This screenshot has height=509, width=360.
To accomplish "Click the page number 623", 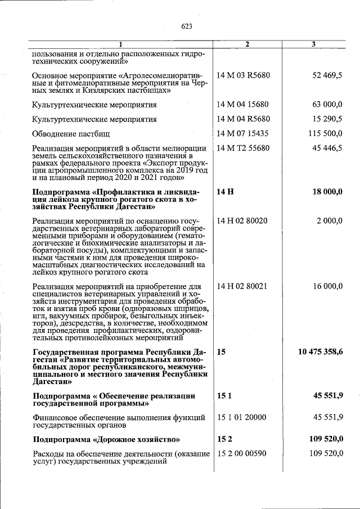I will [187, 26].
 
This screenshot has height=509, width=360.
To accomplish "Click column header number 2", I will [247, 44].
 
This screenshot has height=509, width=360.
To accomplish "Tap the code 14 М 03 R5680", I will [243, 75].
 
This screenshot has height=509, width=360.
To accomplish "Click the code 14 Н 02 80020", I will [242, 221].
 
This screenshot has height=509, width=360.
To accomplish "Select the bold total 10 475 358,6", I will [320, 352].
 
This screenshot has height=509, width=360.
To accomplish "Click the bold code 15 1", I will [223, 396].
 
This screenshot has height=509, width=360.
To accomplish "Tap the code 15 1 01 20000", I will [241, 417].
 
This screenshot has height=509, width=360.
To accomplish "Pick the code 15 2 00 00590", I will [242, 453].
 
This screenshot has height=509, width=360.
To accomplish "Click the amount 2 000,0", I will [328, 221].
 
